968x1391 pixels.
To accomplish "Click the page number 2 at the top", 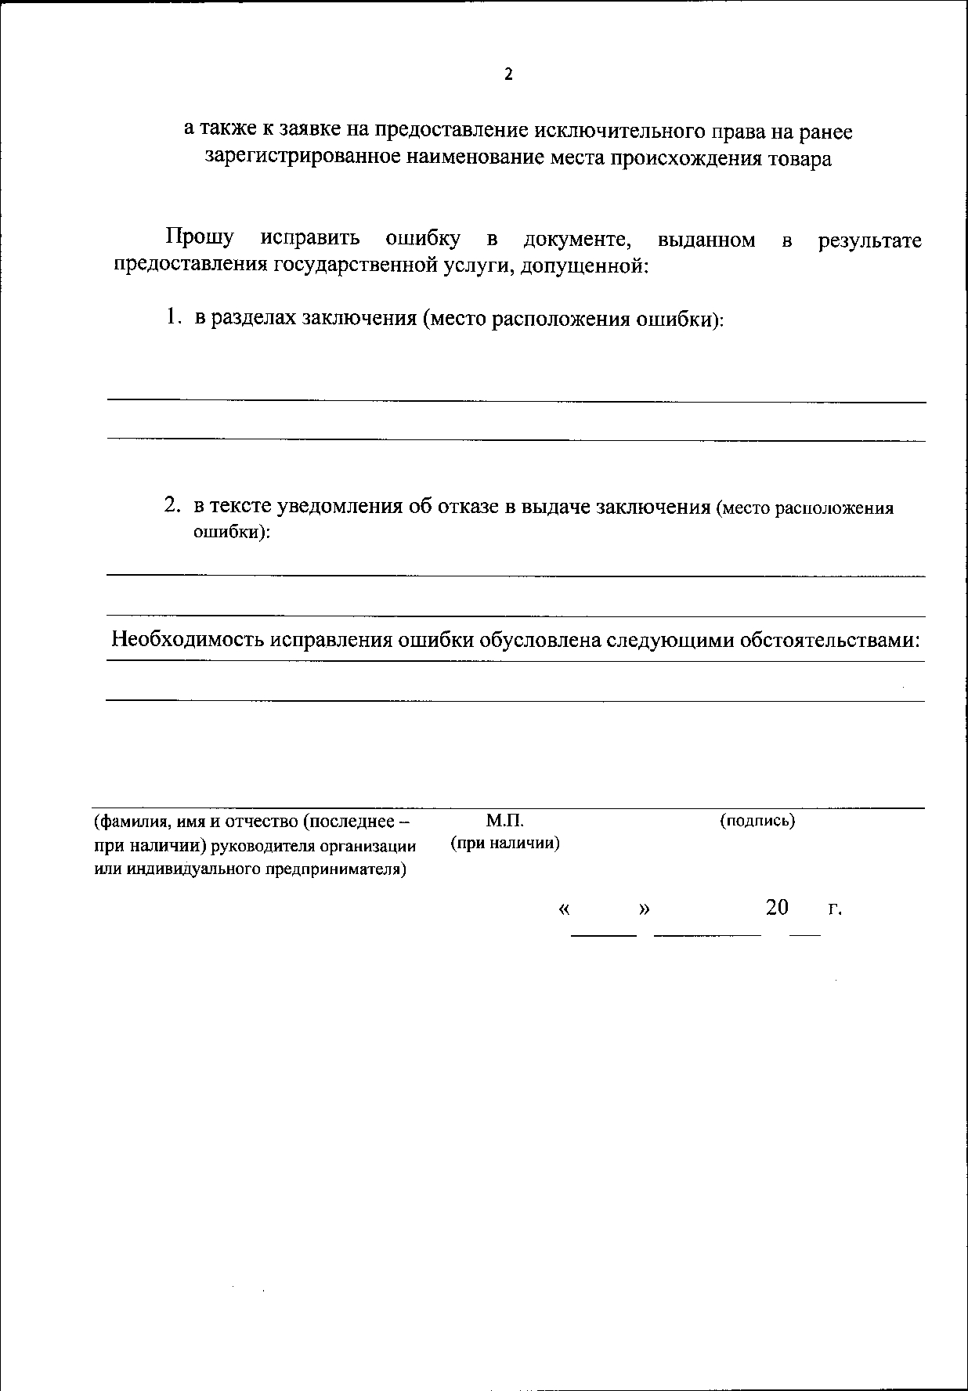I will [x=508, y=74].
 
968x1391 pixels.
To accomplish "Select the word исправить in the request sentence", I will [x=310, y=238].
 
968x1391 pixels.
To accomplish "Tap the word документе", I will [x=578, y=238].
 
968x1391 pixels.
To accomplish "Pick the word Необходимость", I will [x=189, y=639].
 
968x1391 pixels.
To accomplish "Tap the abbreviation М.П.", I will [x=504, y=820].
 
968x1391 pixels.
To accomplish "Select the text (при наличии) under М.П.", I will [x=504, y=844].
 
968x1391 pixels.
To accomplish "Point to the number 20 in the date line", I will [x=777, y=907].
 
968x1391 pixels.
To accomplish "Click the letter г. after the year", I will [x=835, y=909].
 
